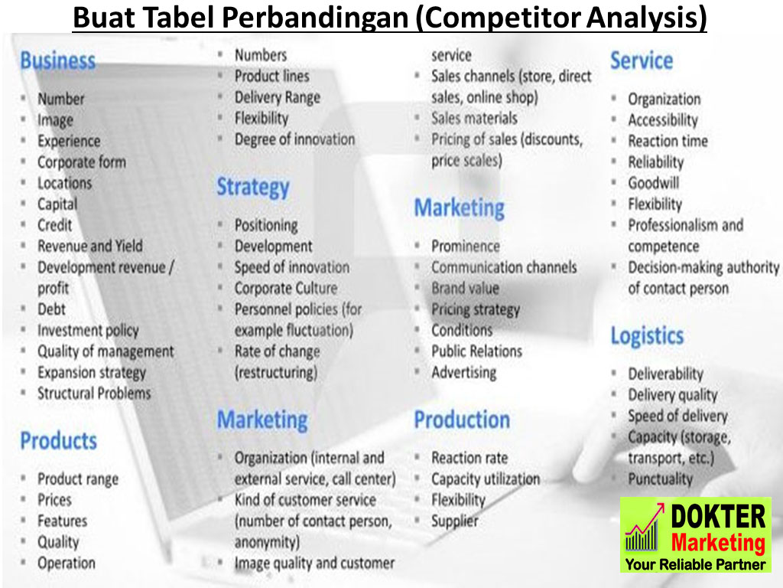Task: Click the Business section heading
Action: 58,60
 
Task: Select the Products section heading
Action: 58,440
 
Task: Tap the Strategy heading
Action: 253,188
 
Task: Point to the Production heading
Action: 462,420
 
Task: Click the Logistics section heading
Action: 647,336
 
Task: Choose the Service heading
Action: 642,60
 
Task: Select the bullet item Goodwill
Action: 654,183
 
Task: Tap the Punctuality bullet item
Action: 660,479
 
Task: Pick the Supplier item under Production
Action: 455,521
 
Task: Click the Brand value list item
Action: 466,288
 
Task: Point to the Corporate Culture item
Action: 286,288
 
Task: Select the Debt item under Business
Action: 51,309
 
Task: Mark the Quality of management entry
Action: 106,351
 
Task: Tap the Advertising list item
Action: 464,373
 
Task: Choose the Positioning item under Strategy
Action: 266,226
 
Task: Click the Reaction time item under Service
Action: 668,141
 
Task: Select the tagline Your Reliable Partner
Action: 696,564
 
